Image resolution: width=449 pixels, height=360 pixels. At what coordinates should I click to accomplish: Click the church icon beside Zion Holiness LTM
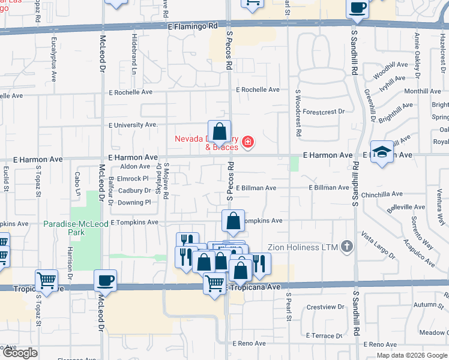point(346,246)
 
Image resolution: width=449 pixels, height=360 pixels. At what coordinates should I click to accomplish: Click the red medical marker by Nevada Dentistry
point(247,143)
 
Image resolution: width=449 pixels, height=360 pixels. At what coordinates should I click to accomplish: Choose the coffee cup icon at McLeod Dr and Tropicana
point(106,280)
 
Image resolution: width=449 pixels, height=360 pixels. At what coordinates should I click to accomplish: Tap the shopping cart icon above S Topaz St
point(46,280)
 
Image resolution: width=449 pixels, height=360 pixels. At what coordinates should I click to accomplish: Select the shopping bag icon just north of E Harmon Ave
point(220,131)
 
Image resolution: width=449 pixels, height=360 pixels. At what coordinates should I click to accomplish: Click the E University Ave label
point(132,125)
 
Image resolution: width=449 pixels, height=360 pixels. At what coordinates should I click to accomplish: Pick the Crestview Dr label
point(324,307)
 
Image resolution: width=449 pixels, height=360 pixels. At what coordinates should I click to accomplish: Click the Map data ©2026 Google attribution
point(411,355)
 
